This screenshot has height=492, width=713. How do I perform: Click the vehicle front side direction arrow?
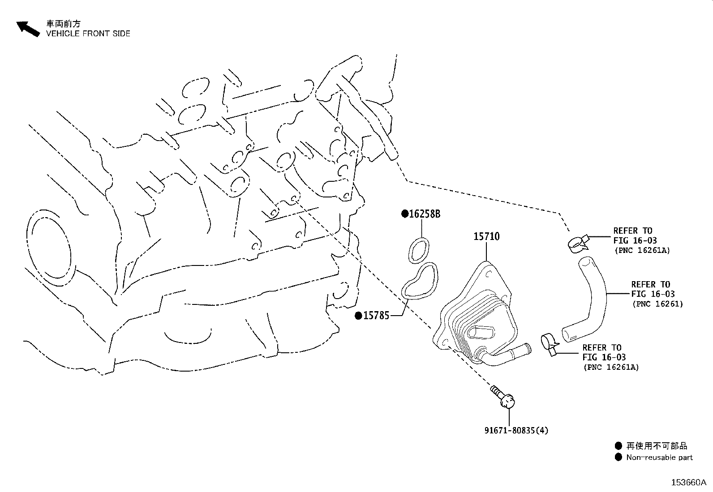(x=28, y=29)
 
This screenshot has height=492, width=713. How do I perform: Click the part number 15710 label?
(x=486, y=236)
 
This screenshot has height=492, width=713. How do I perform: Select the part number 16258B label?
(x=424, y=214)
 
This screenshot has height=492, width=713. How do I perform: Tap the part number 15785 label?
(x=376, y=316)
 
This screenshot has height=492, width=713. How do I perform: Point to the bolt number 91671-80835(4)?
(x=516, y=430)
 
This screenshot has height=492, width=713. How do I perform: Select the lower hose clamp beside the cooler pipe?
(x=550, y=344)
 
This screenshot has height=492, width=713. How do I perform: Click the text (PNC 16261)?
(x=657, y=304)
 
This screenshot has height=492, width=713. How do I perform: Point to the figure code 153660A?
(x=689, y=483)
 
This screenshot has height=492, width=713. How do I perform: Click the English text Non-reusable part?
(x=659, y=458)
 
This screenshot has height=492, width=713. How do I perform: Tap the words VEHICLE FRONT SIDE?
(x=88, y=34)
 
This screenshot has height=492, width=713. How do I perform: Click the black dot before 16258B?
(x=404, y=214)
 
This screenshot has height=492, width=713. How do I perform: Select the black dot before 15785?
(x=358, y=316)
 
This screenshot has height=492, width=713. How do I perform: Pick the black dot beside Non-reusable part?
(x=618, y=458)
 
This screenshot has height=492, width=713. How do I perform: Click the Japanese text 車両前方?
(x=64, y=24)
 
